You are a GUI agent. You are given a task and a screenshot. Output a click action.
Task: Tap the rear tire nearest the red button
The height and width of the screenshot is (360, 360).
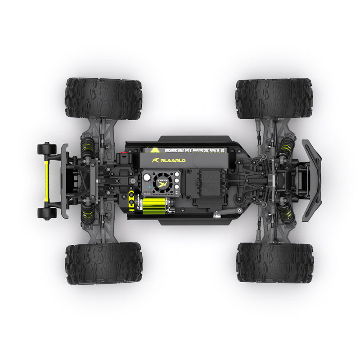tap(103, 98)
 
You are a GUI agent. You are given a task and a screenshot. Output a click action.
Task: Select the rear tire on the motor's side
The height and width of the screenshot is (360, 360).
tap(103, 263)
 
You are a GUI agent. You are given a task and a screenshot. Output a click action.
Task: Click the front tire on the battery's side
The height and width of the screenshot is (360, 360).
tap(274, 99)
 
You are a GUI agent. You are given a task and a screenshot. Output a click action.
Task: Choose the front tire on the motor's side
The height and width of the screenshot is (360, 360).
tap(274, 263)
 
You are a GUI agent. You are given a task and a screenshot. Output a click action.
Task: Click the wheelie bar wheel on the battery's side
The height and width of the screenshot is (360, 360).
tap(47, 148)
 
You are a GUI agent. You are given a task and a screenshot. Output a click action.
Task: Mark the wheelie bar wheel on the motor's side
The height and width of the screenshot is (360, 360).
tap(47, 213)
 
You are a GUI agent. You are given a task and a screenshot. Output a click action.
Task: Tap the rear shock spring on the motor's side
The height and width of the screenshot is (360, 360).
tap(88, 211)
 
